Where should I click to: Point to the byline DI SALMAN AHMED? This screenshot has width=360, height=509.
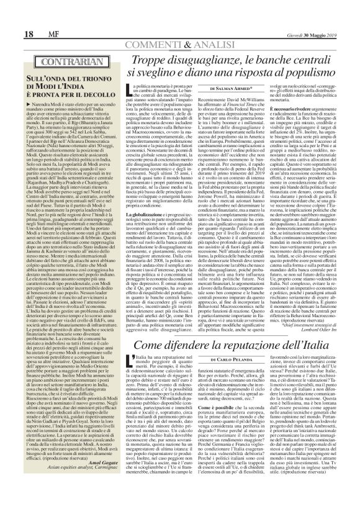tap(230, 88)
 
